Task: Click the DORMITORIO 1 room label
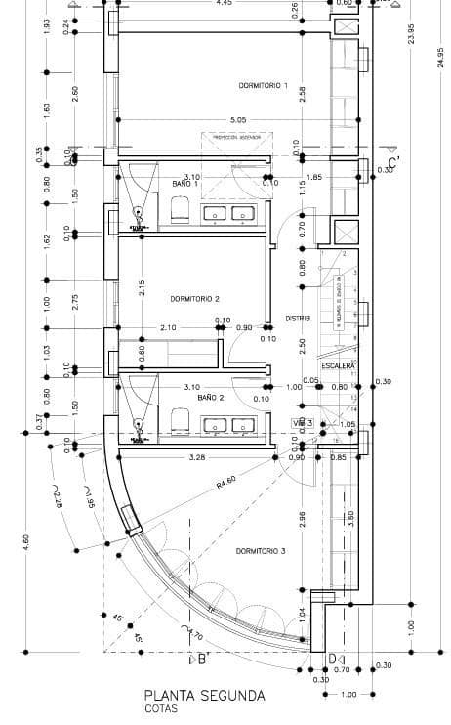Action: [x=263, y=86]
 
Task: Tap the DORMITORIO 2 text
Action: [x=193, y=299]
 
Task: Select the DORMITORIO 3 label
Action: [x=260, y=551]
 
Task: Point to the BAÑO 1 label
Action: [x=185, y=184]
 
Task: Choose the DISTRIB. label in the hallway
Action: [x=298, y=319]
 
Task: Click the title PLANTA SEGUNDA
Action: [x=203, y=696]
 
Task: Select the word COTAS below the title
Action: [x=162, y=710]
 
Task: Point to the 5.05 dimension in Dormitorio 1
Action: [x=238, y=120]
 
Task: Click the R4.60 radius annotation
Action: [x=227, y=482]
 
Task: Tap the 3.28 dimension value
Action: [x=197, y=457]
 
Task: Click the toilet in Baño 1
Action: [x=180, y=208]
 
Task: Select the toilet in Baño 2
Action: [x=180, y=420]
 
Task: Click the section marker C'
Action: [x=394, y=163]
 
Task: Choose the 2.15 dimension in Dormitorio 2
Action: [x=143, y=286]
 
